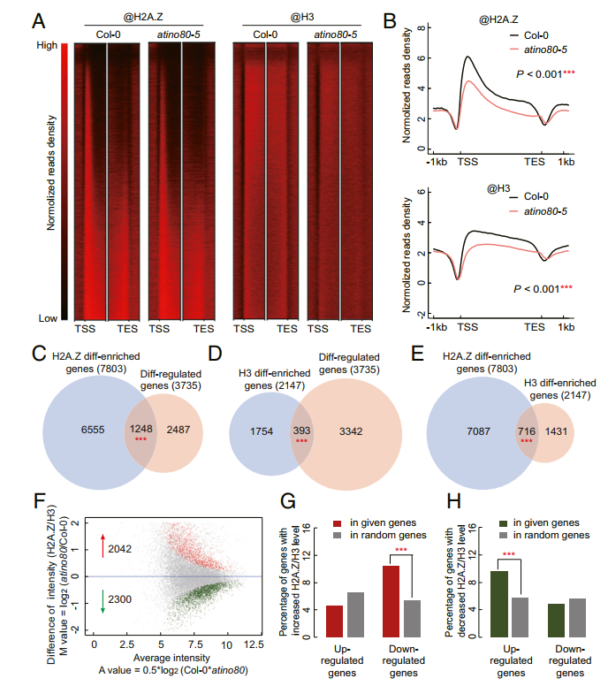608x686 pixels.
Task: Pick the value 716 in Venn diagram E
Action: point(528,430)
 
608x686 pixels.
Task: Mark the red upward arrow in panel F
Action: point(101,548)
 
